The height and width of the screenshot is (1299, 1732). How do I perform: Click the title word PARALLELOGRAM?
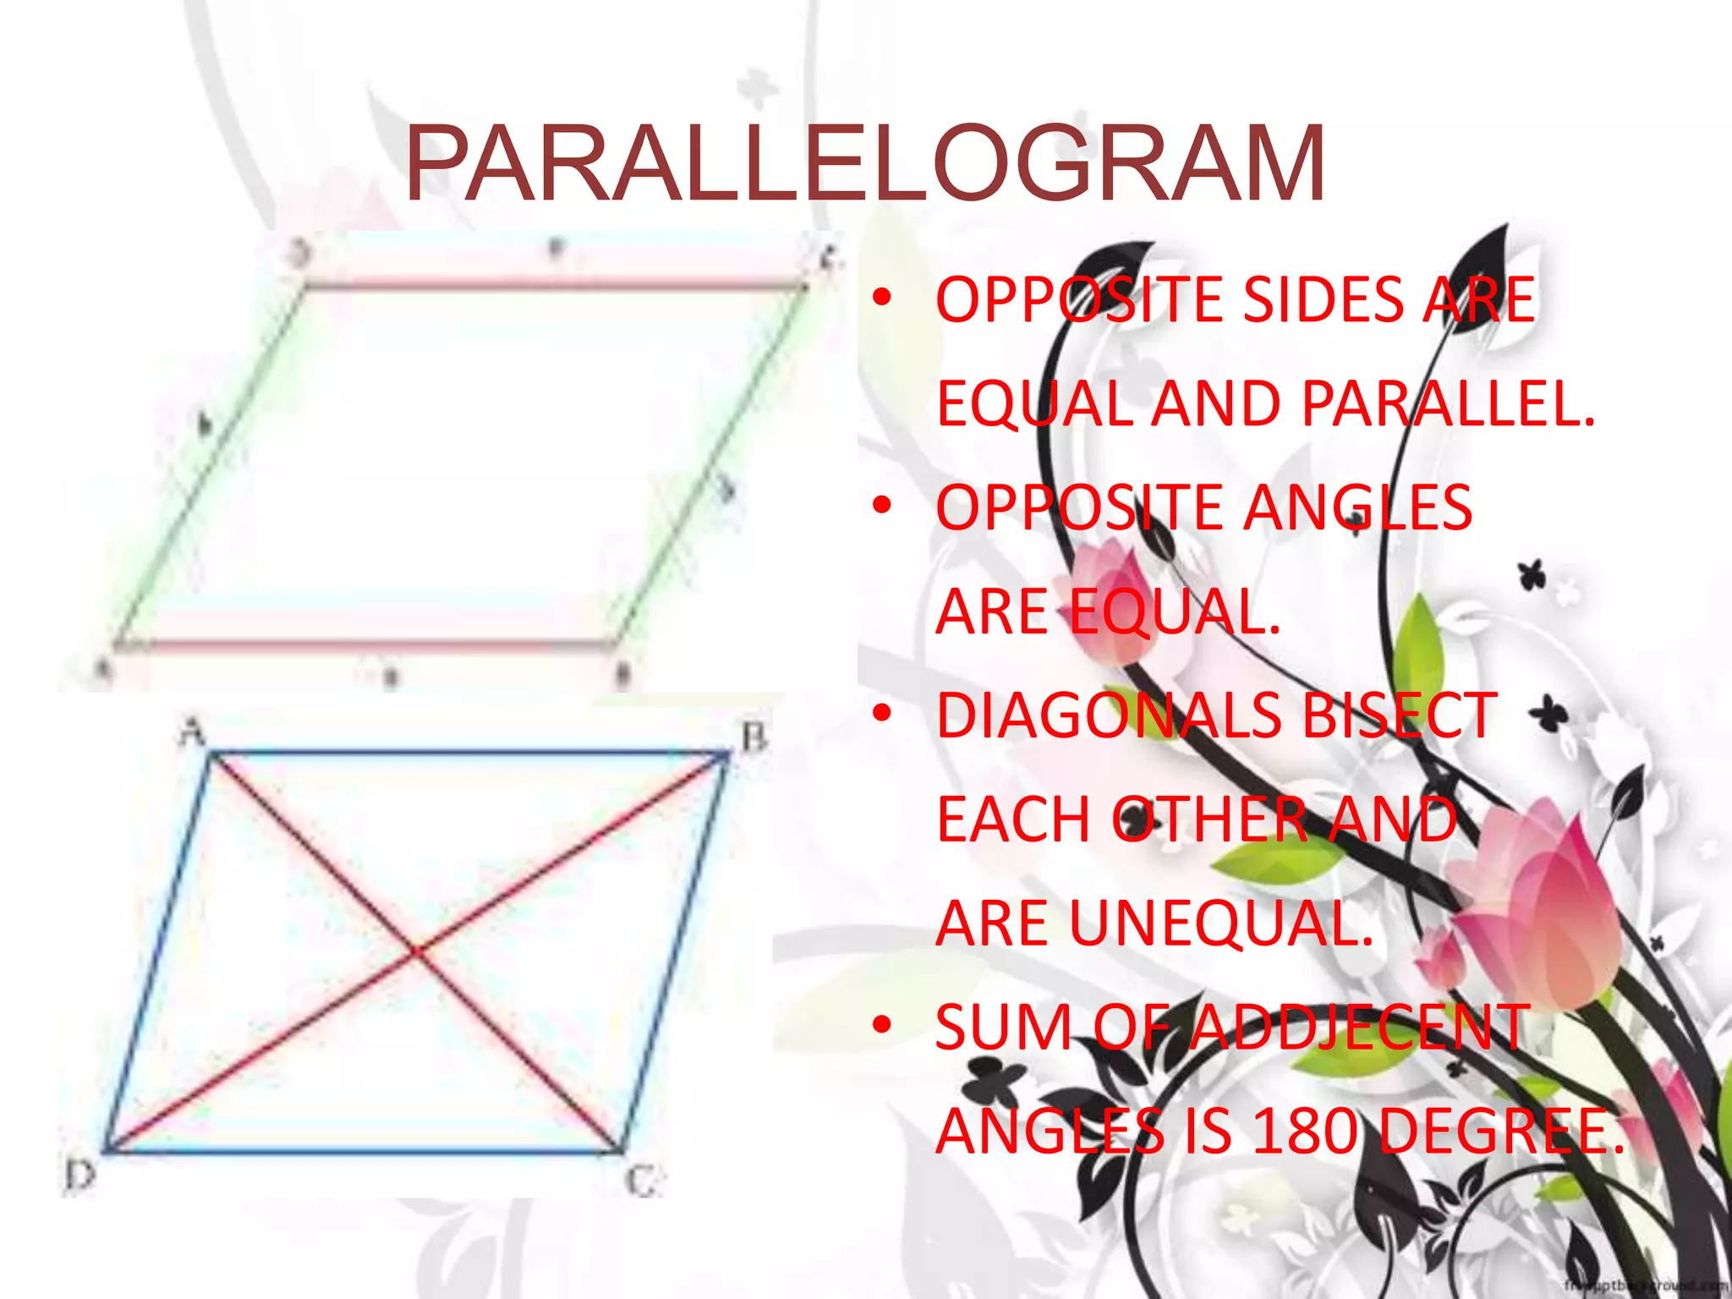(x=865, y=163)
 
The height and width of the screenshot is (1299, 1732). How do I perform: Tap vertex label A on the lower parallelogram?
(x=194, y=730)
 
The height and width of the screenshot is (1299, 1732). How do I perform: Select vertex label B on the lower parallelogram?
(x=754, y=737)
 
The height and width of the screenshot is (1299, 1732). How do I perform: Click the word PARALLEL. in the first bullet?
(x=1447, y=403)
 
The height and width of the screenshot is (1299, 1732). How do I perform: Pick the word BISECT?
(x=1399, y=715)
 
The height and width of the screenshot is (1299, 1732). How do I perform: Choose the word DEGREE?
(x=1502, y=1132)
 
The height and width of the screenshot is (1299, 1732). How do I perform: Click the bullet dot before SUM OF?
(x=882, y=1026)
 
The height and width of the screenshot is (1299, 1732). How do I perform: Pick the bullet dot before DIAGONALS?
(x=882, y=714)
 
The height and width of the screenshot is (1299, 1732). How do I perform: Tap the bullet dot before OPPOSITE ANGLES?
(x=882, y=506)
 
